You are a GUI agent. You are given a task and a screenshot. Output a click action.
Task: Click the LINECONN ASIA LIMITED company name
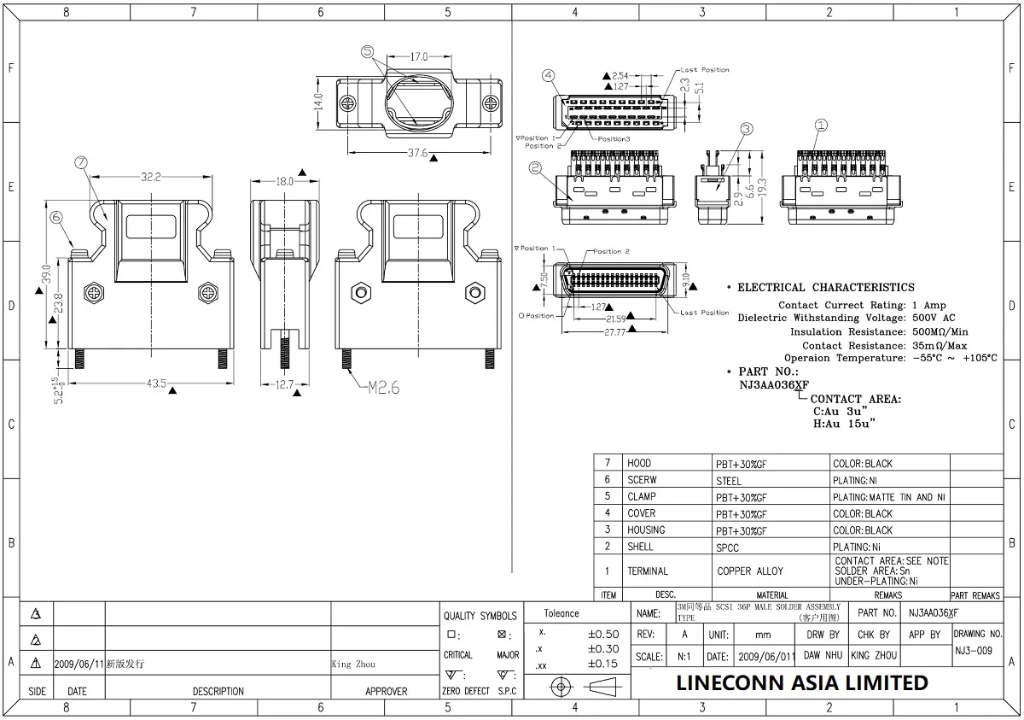click(801, 683)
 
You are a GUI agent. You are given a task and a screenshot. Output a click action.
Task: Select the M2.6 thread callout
click(383, 387)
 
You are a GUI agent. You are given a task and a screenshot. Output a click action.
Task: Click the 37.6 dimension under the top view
click(417, 153)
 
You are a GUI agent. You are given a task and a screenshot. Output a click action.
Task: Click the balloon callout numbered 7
click(80, 162)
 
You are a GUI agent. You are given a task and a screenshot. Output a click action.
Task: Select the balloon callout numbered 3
click(746, 129)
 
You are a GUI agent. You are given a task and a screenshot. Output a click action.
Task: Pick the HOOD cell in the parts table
click(639, 464)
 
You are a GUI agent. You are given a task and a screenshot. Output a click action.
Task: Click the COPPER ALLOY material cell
click(749, 571)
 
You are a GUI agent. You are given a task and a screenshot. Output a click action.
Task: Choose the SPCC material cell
click(727, 547)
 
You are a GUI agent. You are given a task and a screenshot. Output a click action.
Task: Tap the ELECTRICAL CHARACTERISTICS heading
click(825, 288)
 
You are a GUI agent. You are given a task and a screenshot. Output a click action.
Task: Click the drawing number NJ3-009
click(973, 651)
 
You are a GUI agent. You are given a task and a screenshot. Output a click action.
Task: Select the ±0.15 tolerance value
click(602, 664)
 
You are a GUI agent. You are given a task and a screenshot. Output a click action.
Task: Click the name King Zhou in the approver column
click(352, 664)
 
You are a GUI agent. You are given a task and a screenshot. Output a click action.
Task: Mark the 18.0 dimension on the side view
click(284, 181)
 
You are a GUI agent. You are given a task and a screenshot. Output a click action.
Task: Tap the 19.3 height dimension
click(762, 185)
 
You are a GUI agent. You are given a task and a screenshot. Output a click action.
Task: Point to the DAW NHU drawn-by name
click(823, 655)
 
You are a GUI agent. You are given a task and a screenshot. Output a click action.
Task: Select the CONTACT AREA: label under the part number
click(855, 399)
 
